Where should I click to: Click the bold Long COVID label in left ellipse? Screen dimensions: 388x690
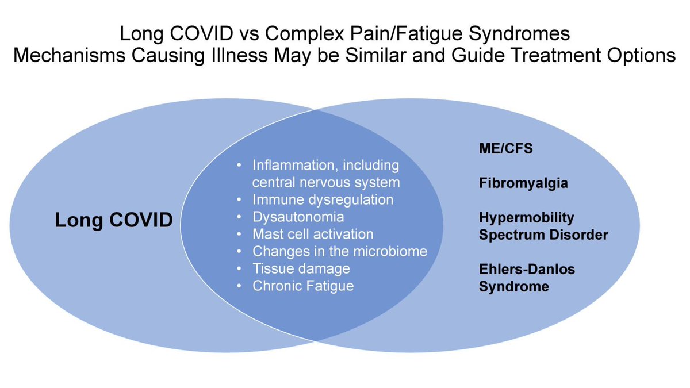pos(114,220)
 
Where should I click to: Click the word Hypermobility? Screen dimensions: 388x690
pos(527,218)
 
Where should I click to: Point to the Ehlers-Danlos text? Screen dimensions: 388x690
pos(527,269)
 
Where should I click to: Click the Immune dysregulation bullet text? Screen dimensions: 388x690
pos(323,200)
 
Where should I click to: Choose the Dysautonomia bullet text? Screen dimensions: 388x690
pos(298,217)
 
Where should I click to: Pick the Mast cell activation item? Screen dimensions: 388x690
pos(313,235)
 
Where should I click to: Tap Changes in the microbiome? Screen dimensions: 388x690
pos(339,251)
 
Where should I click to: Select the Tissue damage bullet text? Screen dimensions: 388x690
pos(301,268)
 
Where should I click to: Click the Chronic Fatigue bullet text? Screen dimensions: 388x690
pos(303,286)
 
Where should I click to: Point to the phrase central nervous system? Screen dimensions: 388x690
pos(325,183)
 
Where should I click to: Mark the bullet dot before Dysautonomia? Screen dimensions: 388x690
pos(240,217)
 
